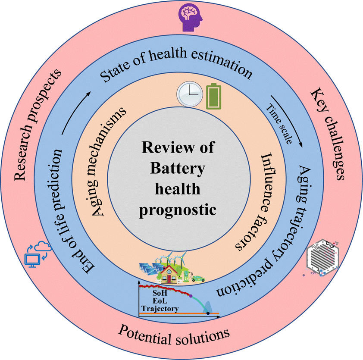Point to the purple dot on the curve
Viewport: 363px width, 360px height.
pyautogui.click(x=191, y=296)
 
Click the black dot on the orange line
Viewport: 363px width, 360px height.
pyautogui.click(x=208, y=313)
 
